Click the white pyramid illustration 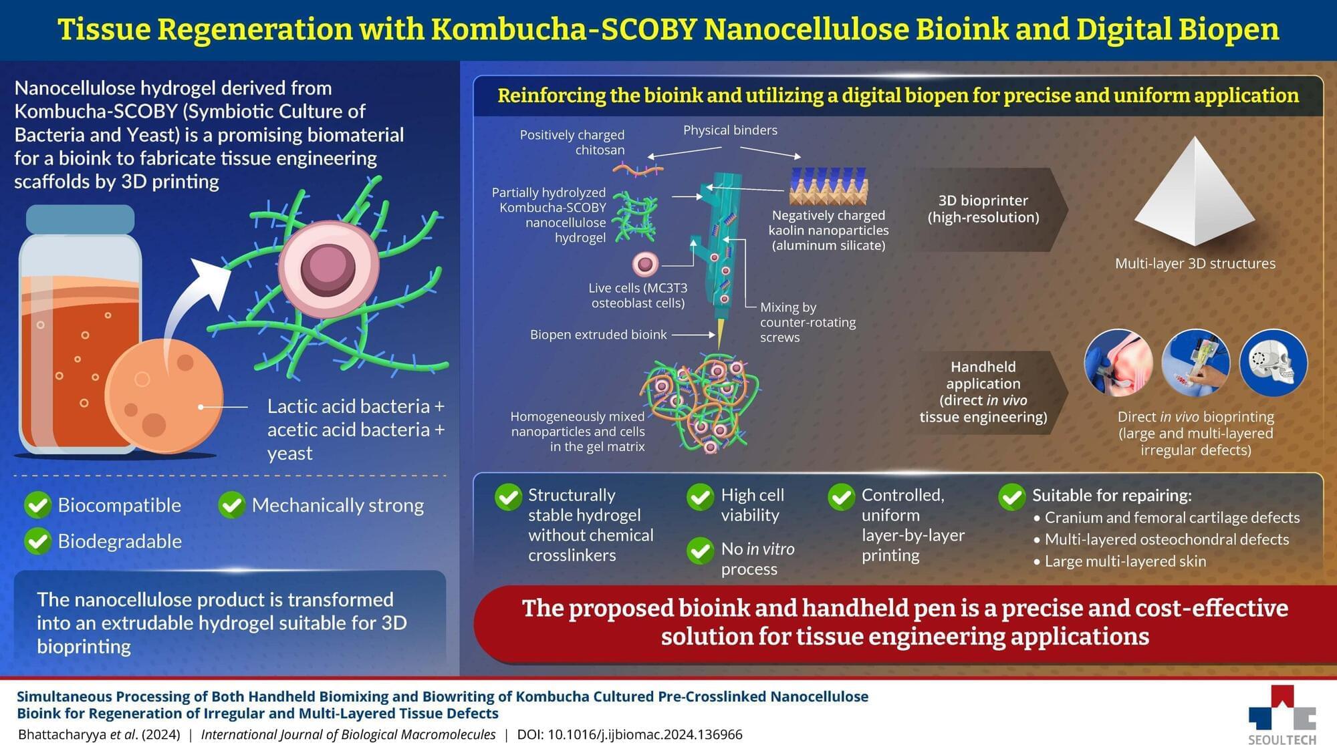pos(1195,194)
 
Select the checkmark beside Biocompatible pos(38,505)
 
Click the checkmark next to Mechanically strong pos(232,505)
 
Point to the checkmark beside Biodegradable pos(38,541)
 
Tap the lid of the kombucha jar pos(80,218)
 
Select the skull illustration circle pos(1273,363)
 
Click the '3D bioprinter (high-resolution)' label pos(983,208)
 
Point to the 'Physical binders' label pos(730,130)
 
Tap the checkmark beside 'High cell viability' pos(700,497)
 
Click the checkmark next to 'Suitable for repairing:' pos(1011,496)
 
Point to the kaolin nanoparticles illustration pos(828,186)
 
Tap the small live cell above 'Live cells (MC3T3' pos(645,264)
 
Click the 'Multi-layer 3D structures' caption pos(1195,263)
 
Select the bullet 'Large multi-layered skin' pos(1125,561)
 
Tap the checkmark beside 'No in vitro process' pos(700,551)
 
